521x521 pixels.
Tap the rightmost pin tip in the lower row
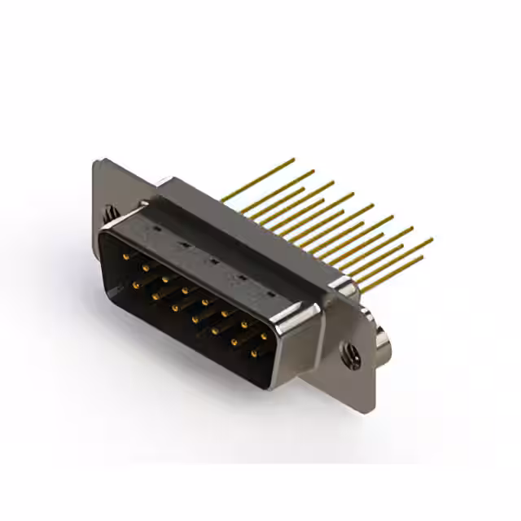coord(253,353)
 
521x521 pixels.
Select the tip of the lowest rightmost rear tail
coord(422,259)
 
